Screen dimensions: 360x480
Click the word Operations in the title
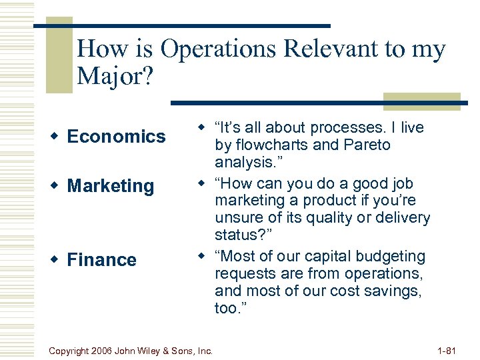[x=212, y=50]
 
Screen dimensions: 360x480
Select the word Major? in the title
[x=115, y=77]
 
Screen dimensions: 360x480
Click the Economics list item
[x=116, y=137]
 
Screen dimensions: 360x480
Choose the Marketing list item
[x=110, y=186]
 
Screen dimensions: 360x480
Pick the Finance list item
[x=101, y=260]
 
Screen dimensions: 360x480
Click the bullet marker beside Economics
[x=56, y=137]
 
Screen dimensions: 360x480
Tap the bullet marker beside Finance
[x=56, y=260]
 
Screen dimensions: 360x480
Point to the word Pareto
[x=366, y=145]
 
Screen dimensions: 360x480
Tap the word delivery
[x=398, y=218]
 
